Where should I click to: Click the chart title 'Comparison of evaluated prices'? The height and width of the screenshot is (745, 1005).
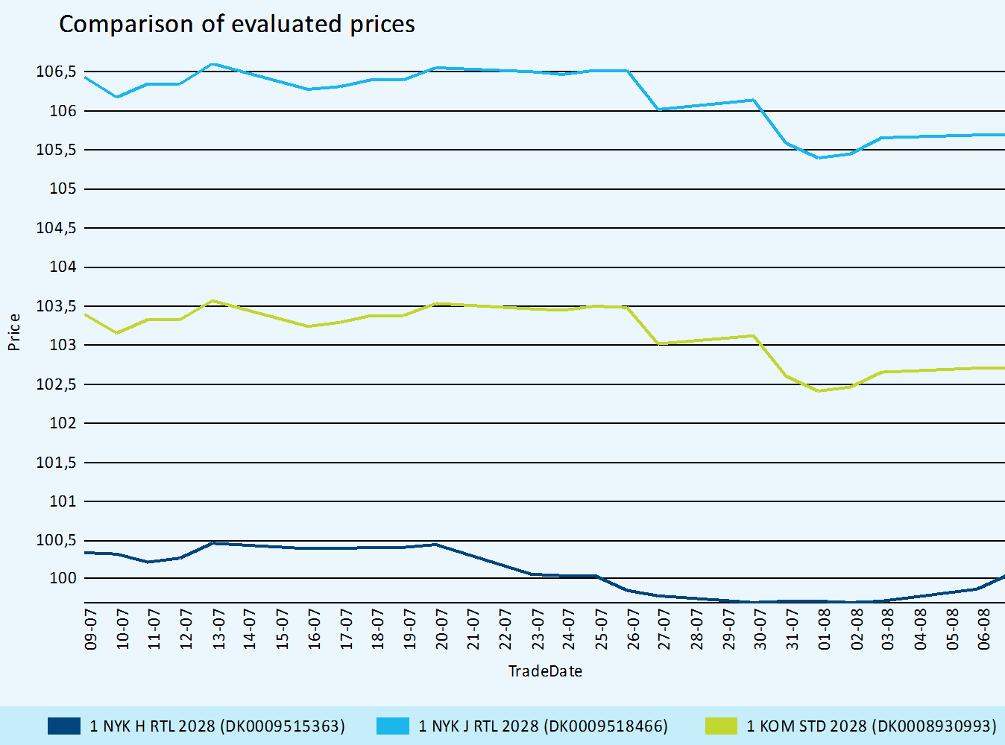coord(236,24)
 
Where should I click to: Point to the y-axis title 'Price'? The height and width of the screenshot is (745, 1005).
coord(13,332)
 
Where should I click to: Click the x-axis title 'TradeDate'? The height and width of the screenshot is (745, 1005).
coord(545,671)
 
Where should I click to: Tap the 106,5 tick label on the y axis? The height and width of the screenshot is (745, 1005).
coord(56,72)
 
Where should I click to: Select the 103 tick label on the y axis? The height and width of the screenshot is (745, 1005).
coord(63,345)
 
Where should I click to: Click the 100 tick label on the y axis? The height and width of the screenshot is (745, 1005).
coord(63,578)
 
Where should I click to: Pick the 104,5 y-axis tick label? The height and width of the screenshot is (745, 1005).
coord(56,228)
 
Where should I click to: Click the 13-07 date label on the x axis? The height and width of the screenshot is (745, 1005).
coord(218,629)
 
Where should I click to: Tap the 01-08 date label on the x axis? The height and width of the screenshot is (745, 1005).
coord(825,629)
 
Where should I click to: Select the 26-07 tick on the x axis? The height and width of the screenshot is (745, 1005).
coord(633,629)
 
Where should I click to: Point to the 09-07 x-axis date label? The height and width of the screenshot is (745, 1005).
coord(91,629)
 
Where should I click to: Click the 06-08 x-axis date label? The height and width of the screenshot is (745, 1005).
coord(984,629)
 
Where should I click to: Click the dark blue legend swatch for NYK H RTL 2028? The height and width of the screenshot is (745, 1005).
coord(63,726)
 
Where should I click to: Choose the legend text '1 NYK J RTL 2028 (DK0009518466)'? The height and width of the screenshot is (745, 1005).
coord(543,726)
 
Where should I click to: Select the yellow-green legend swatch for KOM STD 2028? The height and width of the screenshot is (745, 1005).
coord(721,726)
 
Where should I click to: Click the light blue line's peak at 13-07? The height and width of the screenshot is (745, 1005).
coord(212,64)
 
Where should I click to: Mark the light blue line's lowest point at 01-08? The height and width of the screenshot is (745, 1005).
coord(819,158)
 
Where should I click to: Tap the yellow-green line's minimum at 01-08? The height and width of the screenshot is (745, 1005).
coord(819,390)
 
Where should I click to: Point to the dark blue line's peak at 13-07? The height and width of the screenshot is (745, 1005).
coord(212,543)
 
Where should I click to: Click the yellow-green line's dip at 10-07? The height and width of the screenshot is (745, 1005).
coord(117,332)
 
